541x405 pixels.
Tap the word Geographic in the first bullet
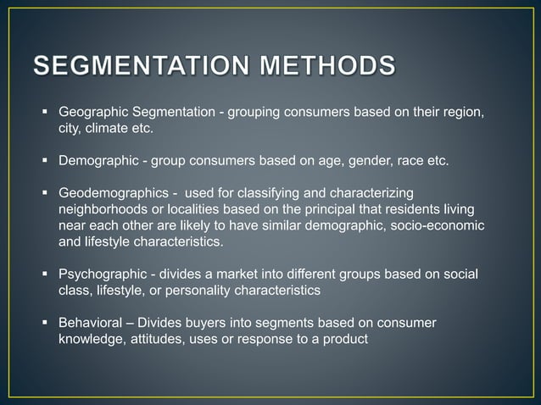point(94,113)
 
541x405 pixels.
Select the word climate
point(104,129)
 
